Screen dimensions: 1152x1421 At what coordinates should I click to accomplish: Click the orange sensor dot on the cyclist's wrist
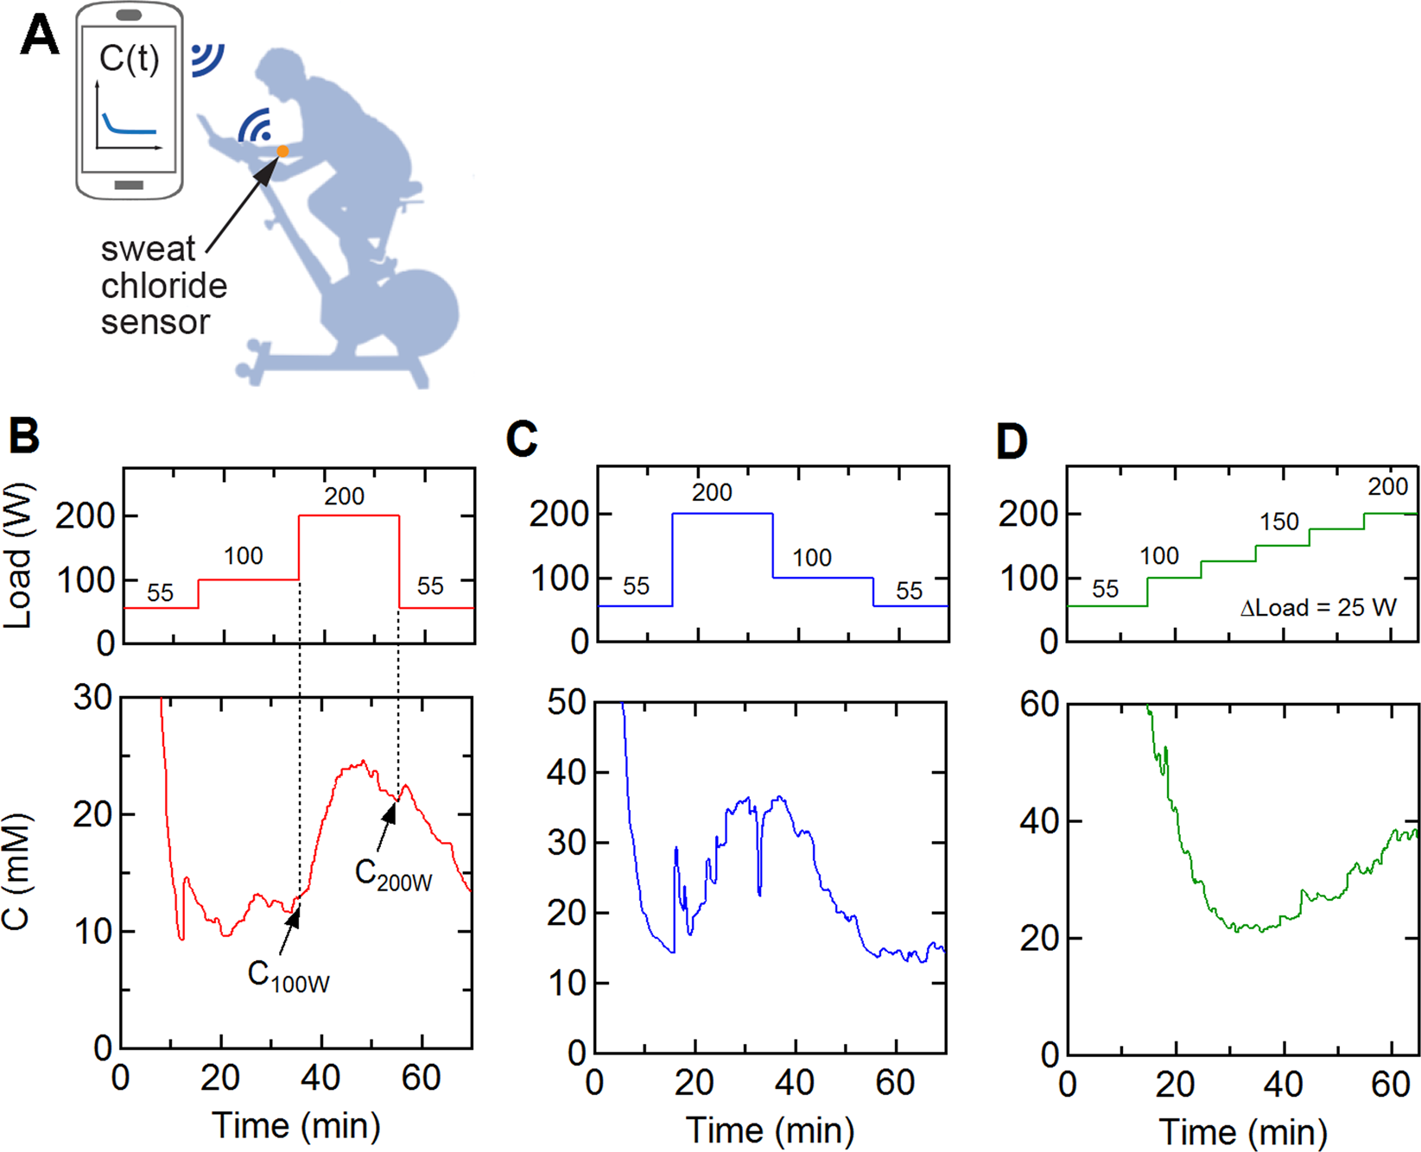282,152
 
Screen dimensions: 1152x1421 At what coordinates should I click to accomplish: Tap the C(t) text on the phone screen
129,59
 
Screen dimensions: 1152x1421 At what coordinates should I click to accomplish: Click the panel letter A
39,36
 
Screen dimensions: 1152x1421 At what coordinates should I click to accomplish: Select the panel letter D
1011,441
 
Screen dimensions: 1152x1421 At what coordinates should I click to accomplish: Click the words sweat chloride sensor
162,286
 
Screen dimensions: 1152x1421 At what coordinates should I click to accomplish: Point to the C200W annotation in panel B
393,875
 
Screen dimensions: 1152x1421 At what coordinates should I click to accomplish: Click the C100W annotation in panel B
289,976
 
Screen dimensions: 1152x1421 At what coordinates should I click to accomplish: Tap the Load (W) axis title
19,555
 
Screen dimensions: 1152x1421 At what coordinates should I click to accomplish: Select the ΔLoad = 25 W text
1317,608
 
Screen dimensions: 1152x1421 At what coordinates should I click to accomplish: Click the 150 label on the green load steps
1278,522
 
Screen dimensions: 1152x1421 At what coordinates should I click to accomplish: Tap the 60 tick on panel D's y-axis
1039,705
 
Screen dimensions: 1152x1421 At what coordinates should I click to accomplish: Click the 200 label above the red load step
344,497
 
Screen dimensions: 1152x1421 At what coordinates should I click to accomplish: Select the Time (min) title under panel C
770,1130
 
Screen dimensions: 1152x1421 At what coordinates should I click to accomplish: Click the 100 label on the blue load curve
812,558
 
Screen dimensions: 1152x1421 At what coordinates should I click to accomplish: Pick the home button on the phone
129,185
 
